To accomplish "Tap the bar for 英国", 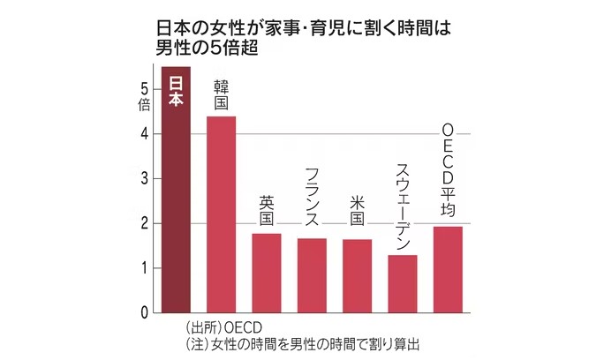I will [267, 273].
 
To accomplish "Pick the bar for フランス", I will [312, 275].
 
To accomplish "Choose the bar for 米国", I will [357, 275].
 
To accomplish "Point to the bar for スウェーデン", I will [403, 283].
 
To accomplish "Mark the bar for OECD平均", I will [448, 269].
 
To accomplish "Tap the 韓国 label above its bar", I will [222, 96].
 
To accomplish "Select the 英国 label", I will [267, 212].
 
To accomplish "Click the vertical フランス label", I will [312, 199].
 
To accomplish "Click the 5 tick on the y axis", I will [143, 88].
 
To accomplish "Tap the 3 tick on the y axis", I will [143, 178].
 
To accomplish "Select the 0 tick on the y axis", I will [143, 312].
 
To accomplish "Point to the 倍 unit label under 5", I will [143, 104].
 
